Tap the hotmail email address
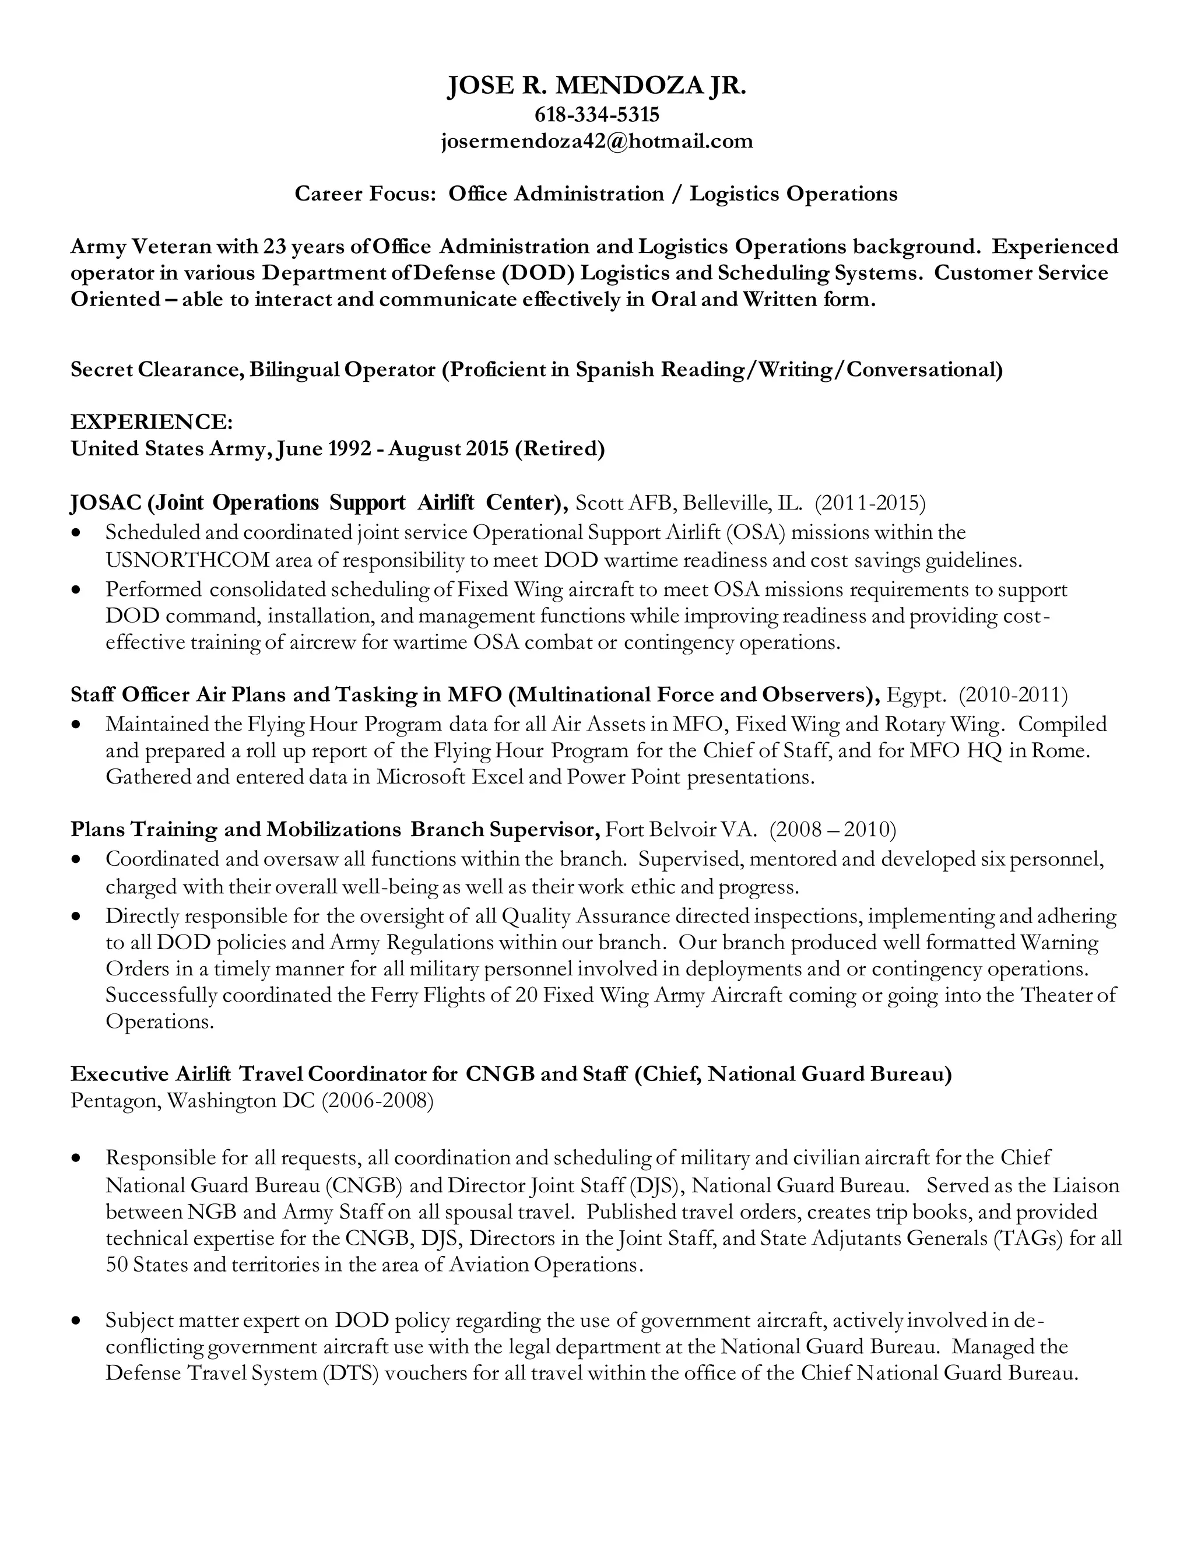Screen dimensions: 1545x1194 [x=596, y=142]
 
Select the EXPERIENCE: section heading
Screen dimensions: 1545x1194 [x=152, y=422]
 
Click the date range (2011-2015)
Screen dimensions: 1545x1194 [x=869, y=503]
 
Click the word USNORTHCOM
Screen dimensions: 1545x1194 [x=188, y=560]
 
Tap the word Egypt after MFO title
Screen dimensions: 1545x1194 [x=915, y=695]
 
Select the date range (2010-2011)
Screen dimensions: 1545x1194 [x=1013, y=695]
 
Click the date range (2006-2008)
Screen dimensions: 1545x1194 [x=377, y=1101]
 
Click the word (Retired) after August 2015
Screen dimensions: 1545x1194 [x=560, y=448]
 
